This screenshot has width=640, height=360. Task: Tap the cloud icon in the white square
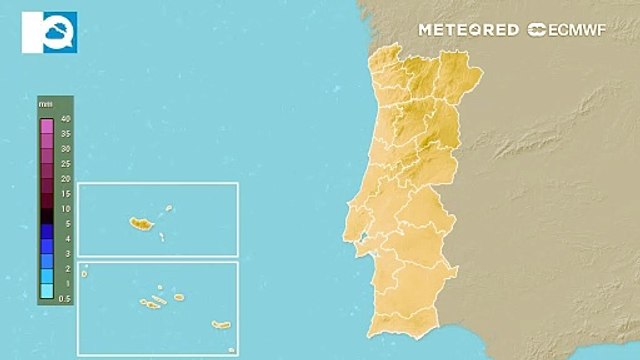[49, 32]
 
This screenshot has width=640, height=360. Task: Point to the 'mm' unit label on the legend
[46, 104]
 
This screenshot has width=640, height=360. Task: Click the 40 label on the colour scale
[65, 119]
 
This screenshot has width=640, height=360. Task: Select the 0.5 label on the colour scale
[65, 298]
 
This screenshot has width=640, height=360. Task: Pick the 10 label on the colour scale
[65, 208]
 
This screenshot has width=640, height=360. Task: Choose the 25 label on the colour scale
[65, 163]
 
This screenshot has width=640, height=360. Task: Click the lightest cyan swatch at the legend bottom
[46, 291]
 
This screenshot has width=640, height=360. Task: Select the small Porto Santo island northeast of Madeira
[170, 209]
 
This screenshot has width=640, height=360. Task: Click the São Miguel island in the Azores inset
[221, 324]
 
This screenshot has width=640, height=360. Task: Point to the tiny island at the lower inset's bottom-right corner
[231, 349]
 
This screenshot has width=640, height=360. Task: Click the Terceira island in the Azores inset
[179, 296]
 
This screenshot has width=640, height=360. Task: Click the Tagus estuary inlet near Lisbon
[365, 238]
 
